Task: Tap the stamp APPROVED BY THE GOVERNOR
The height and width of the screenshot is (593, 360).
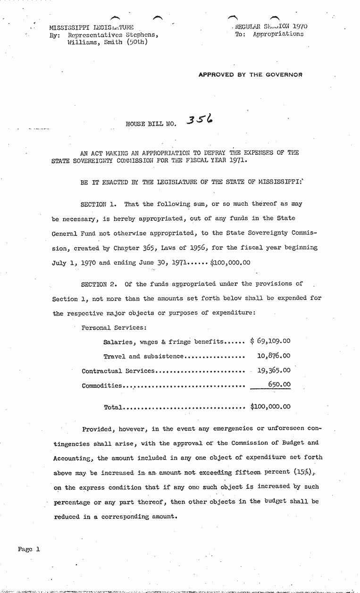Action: click(x=250, y=75)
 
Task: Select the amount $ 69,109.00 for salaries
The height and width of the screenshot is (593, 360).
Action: click(x=270, y=341)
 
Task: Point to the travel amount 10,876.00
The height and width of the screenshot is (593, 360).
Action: click(x=274, y=356)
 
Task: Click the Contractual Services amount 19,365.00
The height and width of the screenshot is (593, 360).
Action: click(x=274, y=370)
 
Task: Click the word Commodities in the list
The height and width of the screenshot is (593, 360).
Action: click(x=102, y=385)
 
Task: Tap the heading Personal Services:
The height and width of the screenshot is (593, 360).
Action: click(x=114, y=327)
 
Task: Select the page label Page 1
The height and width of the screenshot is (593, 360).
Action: click(x=29, y=549)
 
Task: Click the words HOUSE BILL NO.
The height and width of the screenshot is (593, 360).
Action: click(x=151, y=124)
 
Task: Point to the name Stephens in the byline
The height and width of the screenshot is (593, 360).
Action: click(x=142, y=34)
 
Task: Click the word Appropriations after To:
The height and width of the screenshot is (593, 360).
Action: click(x=278, y=34)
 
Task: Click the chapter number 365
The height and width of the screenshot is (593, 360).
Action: click(x=149, y=247)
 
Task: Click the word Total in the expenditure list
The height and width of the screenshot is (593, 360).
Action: click(x=113, y=407)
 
